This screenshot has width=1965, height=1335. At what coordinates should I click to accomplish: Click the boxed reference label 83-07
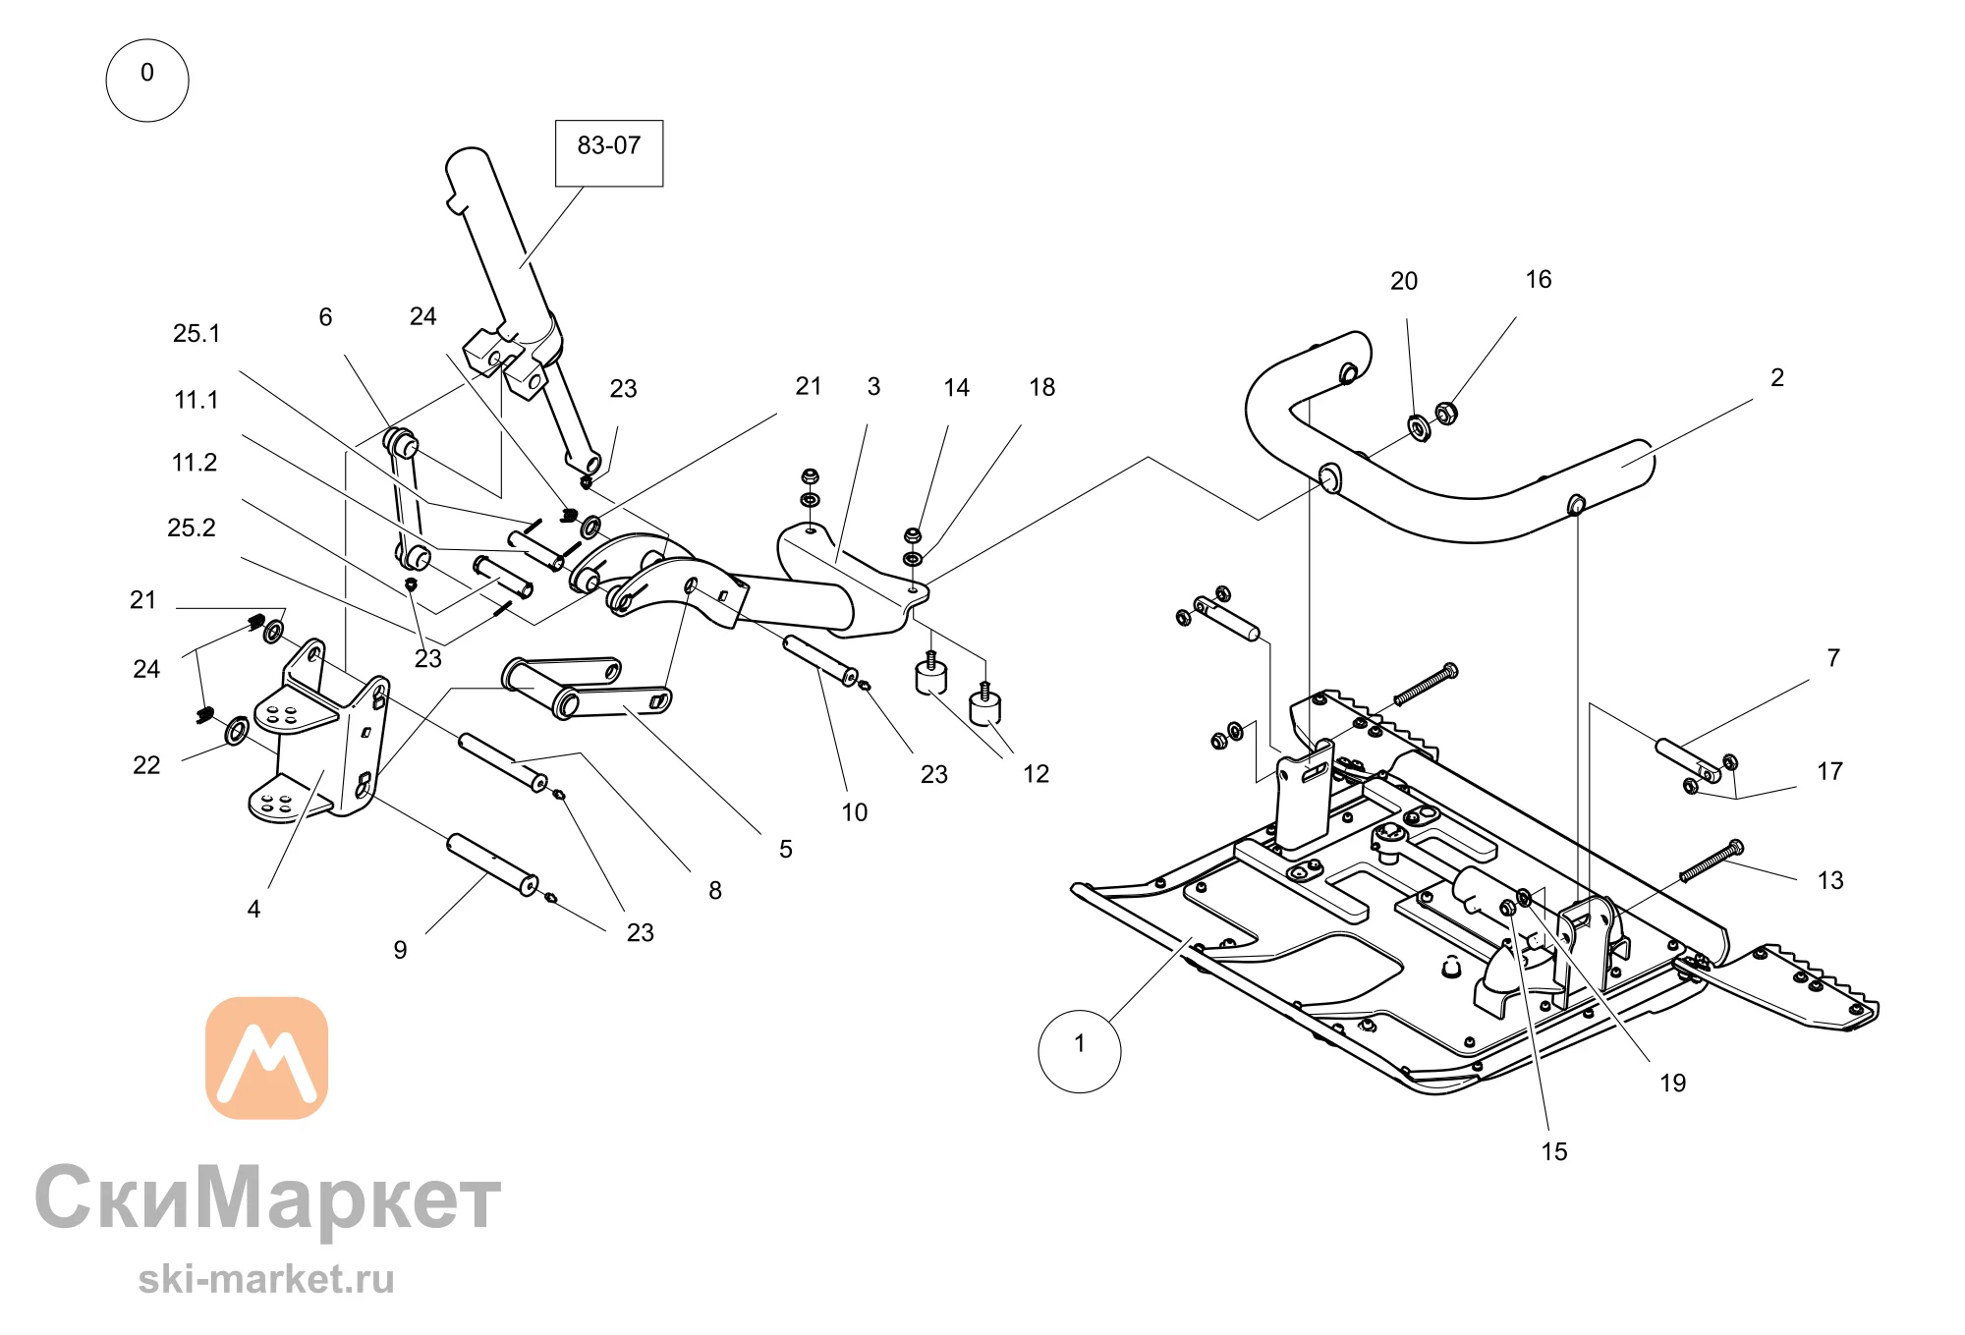pyautogui.click(x=609, y=153)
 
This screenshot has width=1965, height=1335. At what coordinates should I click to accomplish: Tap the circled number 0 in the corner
pyautogui.click(x=147, y=81)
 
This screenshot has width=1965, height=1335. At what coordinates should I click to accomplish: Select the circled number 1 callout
pyautogui.click(x=1080, y=1051)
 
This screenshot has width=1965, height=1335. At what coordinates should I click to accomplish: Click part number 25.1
pyautogui.click(x=196, y=334)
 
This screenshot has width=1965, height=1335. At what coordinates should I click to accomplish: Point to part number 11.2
pyautogui.click(x=195, y=463)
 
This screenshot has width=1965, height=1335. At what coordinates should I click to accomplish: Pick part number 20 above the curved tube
pyautogui.click(x=1404, y=281)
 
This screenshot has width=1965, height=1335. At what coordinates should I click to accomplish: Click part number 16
pyautogui.click(x=1539, y=280)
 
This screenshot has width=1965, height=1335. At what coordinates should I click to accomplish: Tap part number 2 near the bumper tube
pyautogui.click(x=1777, y=377)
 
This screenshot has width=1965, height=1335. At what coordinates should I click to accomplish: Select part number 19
pyautogui.click(x=1673, y=1083)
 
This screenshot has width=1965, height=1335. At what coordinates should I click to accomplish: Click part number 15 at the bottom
pyautogui.click(x=1554, y=1151)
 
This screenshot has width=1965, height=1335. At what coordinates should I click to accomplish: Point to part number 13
pyautogui.click(x=1830, y=880)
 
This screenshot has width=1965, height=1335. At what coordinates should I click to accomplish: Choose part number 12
pyautogui.click(x=1036, y=774)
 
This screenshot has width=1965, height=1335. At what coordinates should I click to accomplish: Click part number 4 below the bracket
pyautogui.click(x=253, y=909)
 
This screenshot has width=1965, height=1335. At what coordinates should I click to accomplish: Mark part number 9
pyautogui.click(x=400, y=950)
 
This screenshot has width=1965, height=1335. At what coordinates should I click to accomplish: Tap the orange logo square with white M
pyautogui.click(x=266, y=1058)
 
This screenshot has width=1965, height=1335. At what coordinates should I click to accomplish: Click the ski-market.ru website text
pyautogui.click(x=266, y=1279)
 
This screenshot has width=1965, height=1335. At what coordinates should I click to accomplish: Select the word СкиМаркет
pyautogui.click(x=267, y=1198)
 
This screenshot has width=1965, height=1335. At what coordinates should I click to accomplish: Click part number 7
pyautogui.click(x=1833, y=658)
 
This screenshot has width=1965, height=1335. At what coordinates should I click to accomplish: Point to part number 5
pyautogui.click(x=786, y=849)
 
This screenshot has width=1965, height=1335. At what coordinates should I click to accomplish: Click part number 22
pyautogui.click(x=146, y=765)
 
